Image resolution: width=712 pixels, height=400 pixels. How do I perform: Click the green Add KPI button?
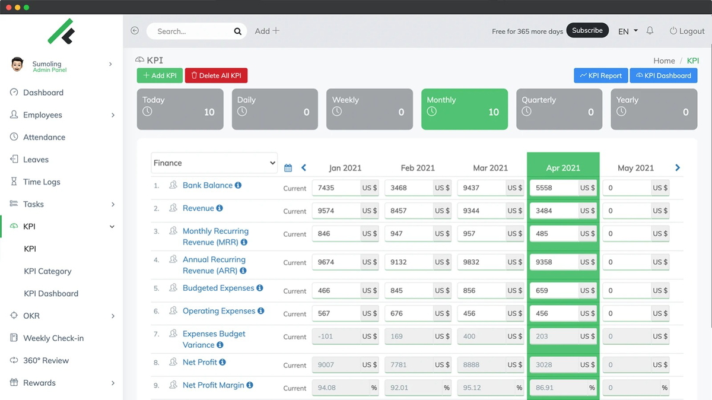(160, 75)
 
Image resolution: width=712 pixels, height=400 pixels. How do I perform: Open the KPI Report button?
(600, 75)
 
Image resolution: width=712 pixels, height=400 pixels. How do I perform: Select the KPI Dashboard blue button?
(663, 75)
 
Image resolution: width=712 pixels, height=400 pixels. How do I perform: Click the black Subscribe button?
(587, 30)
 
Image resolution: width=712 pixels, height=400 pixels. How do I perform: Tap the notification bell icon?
(650, 31)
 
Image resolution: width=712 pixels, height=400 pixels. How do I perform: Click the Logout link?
(687, 31)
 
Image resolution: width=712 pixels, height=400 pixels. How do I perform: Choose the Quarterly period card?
(559, 109)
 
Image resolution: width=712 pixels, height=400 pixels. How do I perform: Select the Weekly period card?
(369, 109)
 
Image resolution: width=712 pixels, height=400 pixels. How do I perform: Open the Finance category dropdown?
(214, 163)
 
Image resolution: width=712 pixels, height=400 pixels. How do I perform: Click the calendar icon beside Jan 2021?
(288, 168)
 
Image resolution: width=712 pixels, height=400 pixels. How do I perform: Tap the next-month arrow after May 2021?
(677, 168)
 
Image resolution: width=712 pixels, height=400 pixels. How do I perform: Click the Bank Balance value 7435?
(336, 188)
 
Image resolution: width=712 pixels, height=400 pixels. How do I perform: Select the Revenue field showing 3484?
(554, 211)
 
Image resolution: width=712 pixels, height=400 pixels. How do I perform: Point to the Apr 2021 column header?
(562, 168)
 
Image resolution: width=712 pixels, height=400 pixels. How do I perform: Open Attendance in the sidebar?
(44, 137)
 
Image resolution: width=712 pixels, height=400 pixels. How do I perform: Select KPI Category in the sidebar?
(47, 271)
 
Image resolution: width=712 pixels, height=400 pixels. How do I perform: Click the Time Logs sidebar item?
(42, 182)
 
